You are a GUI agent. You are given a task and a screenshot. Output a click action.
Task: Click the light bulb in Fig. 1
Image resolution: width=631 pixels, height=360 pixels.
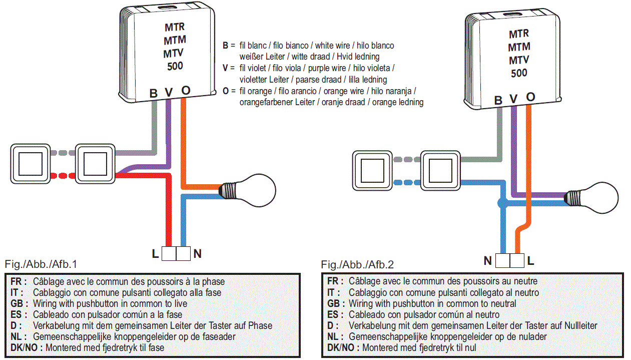[247, 191]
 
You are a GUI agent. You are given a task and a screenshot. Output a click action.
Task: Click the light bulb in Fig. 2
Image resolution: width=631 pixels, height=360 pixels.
[591, 198]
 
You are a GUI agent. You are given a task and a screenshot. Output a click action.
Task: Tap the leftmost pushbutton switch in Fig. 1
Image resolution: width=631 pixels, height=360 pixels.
[31, 164]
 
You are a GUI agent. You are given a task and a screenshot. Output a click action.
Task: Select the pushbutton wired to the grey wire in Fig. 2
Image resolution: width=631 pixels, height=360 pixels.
[440, 171]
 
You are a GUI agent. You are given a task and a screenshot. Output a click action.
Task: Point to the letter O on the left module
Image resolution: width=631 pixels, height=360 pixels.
[186, 91]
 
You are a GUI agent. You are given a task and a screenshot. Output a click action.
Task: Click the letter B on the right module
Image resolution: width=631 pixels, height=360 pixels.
[498, 100]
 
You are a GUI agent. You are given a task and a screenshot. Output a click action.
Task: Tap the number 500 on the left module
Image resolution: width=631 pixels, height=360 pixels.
[175, 66]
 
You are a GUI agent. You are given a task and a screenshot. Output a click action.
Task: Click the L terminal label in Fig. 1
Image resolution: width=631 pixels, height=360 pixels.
[155, 254]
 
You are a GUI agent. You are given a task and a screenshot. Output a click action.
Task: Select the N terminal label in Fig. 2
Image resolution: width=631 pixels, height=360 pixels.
[488, 261]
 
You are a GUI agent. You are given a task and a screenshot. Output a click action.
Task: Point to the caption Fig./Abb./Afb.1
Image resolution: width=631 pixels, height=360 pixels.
[41, 264]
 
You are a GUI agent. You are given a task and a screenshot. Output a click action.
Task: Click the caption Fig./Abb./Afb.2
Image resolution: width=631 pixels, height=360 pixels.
[357, 265]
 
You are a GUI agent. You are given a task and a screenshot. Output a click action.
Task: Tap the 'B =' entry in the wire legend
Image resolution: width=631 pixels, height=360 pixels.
[229, 46]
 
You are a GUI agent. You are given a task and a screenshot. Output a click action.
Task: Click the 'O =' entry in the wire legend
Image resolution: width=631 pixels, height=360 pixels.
[229, 91]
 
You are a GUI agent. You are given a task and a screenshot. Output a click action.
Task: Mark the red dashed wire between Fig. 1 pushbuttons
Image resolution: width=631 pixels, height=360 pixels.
[63, 176]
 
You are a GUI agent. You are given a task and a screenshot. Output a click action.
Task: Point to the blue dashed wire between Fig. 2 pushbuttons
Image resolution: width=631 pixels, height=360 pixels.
[407, 183]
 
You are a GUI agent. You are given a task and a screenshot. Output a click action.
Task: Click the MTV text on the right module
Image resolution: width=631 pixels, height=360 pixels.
[519, 60]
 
